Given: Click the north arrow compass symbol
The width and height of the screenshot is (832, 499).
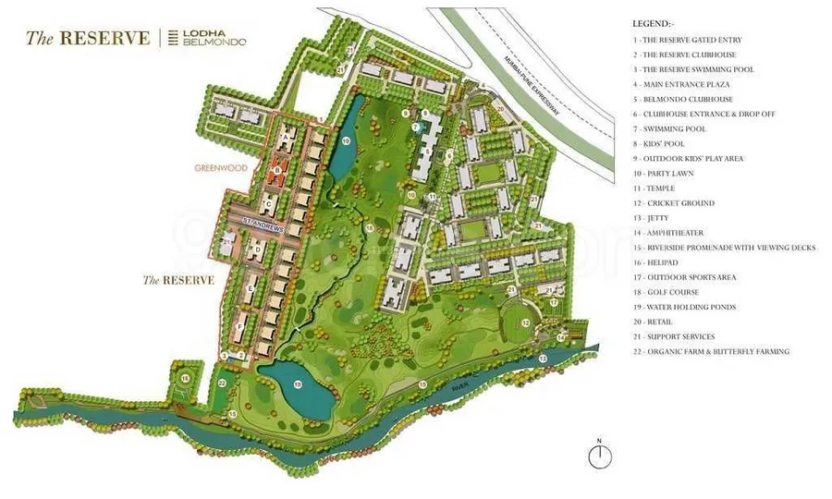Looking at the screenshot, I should point(600,455).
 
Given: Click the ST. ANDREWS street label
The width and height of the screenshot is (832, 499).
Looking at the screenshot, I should point(260,222).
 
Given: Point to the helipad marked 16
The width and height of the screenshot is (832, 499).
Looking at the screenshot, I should point(186,379).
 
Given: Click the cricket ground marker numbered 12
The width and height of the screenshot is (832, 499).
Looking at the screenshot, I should point(524,323).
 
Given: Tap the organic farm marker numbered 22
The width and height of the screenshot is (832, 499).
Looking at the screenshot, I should point(222,381).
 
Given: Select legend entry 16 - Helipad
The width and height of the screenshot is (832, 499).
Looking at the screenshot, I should point(663,262).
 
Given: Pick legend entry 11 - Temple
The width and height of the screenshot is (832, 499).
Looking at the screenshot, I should point(660,189).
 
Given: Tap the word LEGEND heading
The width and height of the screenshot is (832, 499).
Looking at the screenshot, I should point(655,22).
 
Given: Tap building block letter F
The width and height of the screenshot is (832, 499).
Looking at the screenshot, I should point(240,325).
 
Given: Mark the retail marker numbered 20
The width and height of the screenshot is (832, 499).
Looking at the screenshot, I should point(500,108).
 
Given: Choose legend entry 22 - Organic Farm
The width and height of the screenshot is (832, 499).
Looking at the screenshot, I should point(711,351).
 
